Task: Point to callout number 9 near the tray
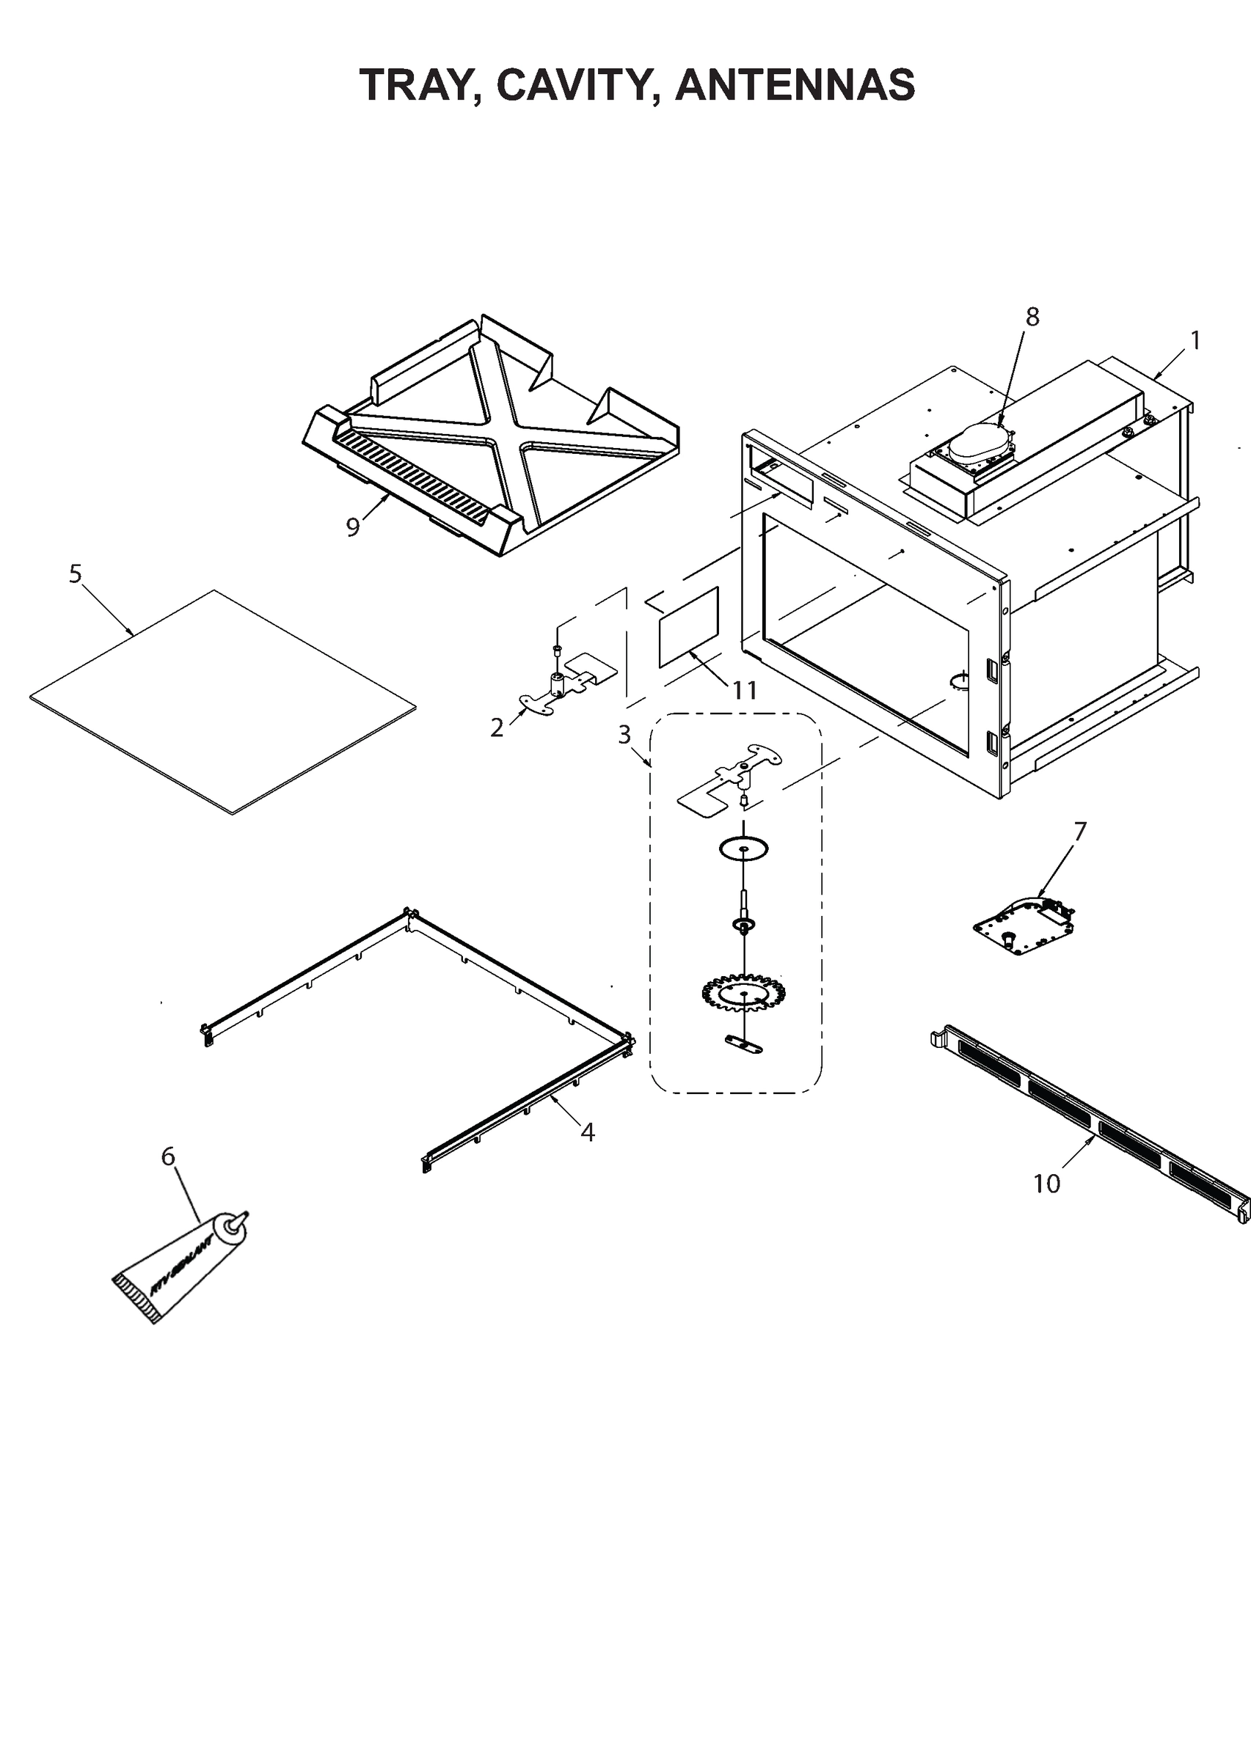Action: (353, 527)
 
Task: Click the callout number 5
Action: (76, 573)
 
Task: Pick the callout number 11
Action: (744, 690)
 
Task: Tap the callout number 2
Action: (497, 727)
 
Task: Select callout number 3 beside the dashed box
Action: (624, 735)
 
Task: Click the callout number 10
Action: (1047, 1184)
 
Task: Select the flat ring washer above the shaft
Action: (743, 848)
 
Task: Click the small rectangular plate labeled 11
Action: (690, 627)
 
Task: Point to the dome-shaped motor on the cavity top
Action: (980, 444)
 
